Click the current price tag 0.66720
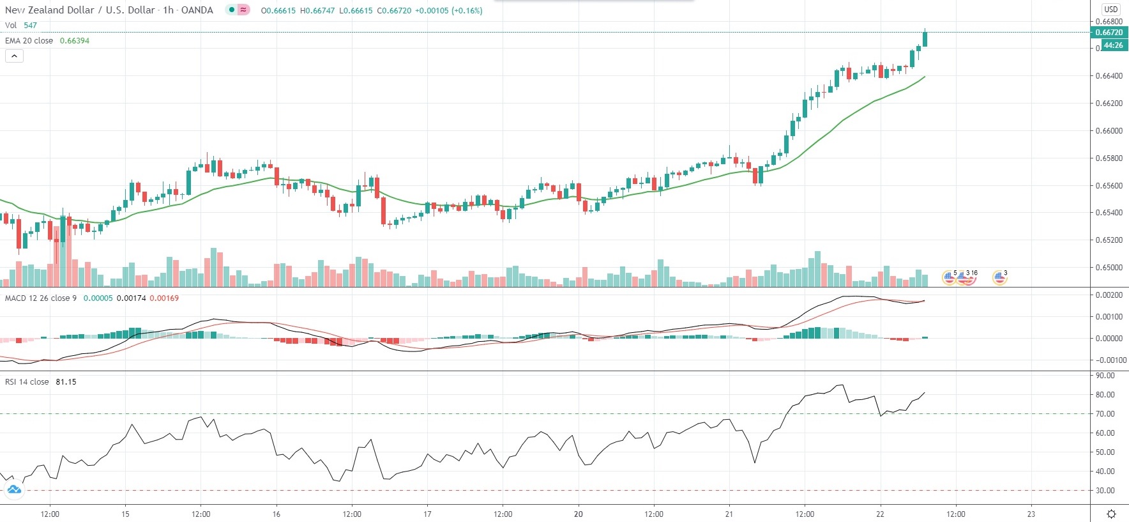tap(1109, 33)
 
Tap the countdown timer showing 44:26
tap(1113, 45)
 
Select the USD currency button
tap(1111, 9)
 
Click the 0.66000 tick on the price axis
tap(1109, 131)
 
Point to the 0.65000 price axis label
tap(1109, 268)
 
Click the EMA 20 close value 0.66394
tap(75, 41)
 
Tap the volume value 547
tap(30, 26)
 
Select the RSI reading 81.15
tap(66, 382)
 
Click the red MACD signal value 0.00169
tap(164, 298)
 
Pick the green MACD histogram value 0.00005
tap(98, 298)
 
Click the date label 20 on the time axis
tap(578, 514)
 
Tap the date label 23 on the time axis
tap(1031, 514)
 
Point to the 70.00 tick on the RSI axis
tap(1105, 414)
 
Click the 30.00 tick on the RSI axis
tap(1105, 491)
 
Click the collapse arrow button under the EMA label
tap(14, 56)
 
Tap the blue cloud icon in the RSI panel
tap(13, 490)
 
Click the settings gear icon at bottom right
tap(1111, 514)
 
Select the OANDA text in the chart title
tap(197, 10)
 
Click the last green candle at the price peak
tap(925, 39)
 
